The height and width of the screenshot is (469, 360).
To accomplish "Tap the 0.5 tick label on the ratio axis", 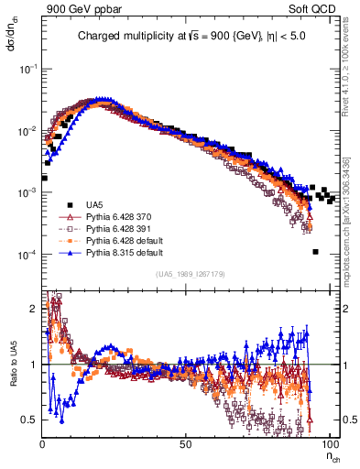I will pyautogui.click(x=29, y=419).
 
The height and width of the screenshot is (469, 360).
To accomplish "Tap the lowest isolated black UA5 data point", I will pyautogui.click(x=314, y=252).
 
